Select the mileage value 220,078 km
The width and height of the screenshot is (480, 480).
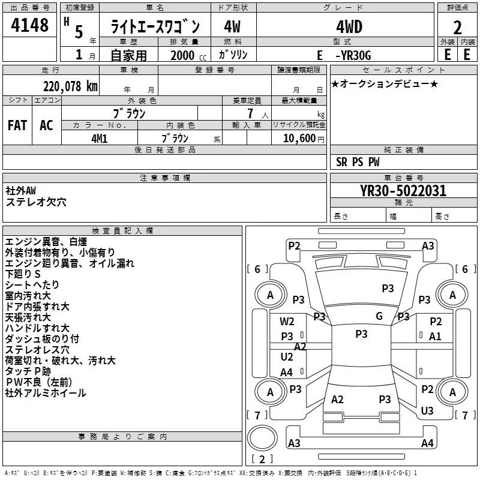(x=70, y=86)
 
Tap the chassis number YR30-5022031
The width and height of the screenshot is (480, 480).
(x=403, y=191)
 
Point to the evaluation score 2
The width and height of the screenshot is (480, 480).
(x=457, y=27)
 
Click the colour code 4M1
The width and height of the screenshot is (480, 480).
(x=99, y=137)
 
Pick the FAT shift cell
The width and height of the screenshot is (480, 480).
(x=17, y=125)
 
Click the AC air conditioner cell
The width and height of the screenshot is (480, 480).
(x=46, y=125)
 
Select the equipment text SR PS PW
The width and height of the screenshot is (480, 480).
(x=358, y=162)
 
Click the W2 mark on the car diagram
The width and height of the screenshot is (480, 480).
(x=287, y=322)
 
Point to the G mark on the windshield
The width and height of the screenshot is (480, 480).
(x=379, y=316)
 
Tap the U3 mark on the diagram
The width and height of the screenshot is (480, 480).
(x=427, y=410)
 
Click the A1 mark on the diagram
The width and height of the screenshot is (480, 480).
(x=435, y=337)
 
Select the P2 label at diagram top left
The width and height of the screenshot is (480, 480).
(x=294, y=245)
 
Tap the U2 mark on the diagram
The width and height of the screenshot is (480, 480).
(x=287, y=357)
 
